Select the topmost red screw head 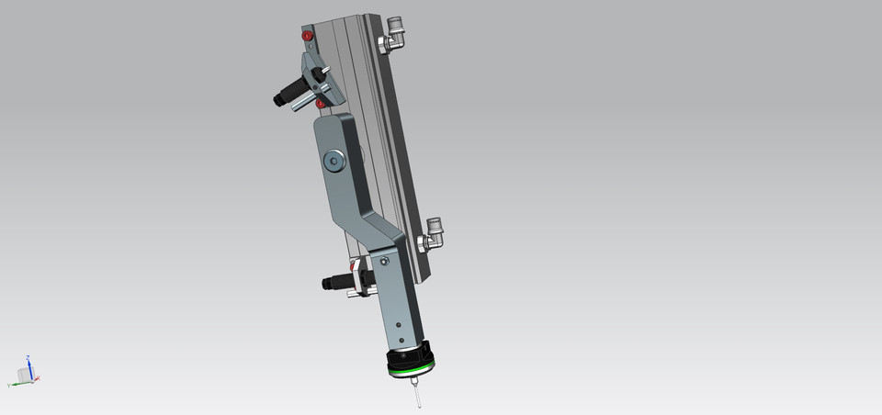click(x=308, y=36)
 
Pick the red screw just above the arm click(x=320, y=104)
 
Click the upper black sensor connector click(x=290, y=93)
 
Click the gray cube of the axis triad click(x=23, y=375)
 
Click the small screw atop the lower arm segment click(x=385, y=260)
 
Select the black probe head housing click(x=409, y=357)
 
